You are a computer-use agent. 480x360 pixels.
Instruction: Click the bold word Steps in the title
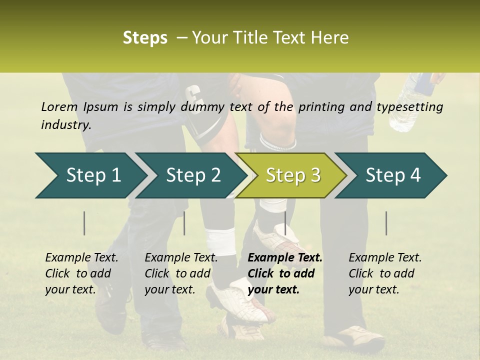click(145, 38)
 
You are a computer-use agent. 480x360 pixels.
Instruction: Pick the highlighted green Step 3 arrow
click(291, 175)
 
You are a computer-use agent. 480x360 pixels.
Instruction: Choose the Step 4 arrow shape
click(391, 175)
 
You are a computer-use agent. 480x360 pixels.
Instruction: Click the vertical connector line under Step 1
click(84, 223)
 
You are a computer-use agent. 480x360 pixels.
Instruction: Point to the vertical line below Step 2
click(184, 223)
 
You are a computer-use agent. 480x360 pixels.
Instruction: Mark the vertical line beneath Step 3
click(285, 223)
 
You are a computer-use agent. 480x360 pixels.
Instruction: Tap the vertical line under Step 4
click(386, 223)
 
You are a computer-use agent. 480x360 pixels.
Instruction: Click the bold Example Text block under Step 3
click(285, 273)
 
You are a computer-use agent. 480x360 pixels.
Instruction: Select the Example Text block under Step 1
click(81, 273)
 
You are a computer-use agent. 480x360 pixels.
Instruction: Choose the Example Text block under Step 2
click(181, 273)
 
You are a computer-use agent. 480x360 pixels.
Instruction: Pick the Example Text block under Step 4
click(385, 273)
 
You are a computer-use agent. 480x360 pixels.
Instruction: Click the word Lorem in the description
click(59, 107)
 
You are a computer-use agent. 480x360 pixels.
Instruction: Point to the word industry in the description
click(66, 125)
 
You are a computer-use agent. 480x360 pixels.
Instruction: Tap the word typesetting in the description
click(413, 107)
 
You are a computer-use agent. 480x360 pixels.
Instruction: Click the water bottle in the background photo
click(411, 102)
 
